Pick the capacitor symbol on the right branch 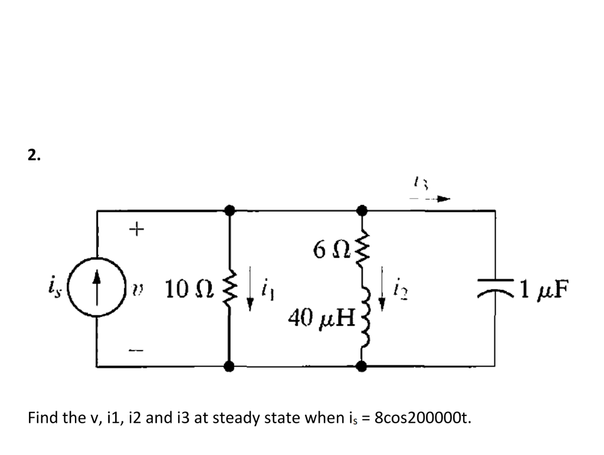point(494,287)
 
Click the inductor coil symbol point(363,322)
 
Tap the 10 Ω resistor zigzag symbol point(231,289)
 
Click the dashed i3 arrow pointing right point(431,199)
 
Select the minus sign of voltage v point(136,351)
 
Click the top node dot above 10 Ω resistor point(231,210)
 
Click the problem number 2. point(34,155)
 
